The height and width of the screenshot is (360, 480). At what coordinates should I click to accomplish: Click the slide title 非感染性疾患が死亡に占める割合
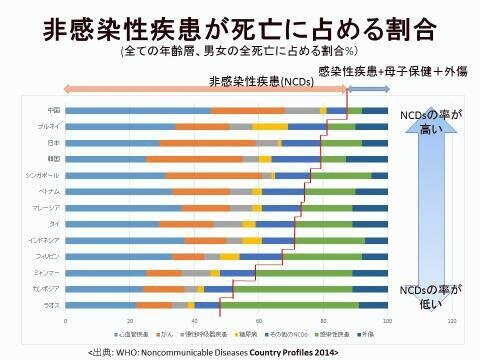click(x=240, y=26)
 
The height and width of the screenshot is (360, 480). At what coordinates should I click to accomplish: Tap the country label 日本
click(x=54, y=143)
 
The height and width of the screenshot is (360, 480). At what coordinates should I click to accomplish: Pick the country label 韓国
click(x=54, y=159)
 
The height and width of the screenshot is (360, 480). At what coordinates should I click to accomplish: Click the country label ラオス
click(x=53, y=304)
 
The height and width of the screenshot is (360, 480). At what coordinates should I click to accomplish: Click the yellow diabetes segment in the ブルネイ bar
click(x=270, y=127)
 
